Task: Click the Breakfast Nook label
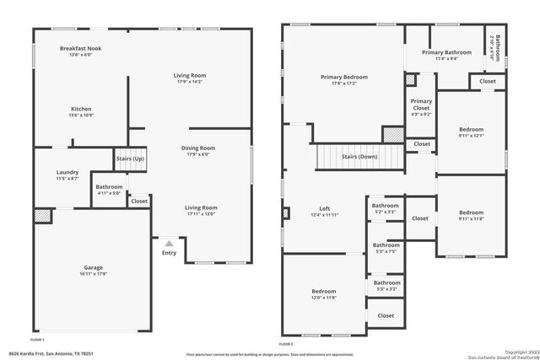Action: click(x=81, y=49)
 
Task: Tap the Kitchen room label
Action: click(x=81, y=109)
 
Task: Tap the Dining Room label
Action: click(x=199, y=148)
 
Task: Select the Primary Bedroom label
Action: click(x=343, y=78)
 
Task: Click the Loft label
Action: click(x=324, y=208)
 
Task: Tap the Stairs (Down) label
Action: click(x=359, y=157)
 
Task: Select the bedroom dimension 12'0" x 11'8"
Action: click(x=324, y=298)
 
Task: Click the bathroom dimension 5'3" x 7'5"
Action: click(x=386, y=251)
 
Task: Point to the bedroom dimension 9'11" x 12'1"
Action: click(x=471, y=136)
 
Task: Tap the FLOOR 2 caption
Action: click(x=285, y=345)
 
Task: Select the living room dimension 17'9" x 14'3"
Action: click(x=189, y=82)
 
